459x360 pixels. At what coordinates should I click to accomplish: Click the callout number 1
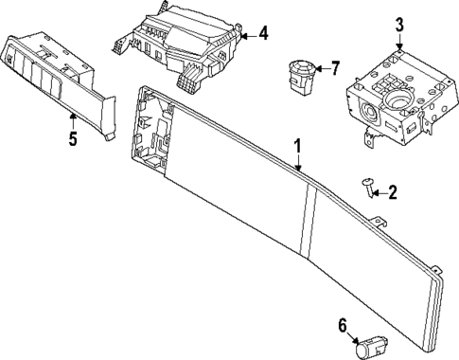297,147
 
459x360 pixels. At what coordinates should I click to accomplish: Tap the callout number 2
393,193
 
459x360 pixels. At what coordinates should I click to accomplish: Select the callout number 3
399,25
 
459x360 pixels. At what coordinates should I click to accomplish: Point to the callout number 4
262,34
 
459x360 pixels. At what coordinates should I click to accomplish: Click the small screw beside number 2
366,188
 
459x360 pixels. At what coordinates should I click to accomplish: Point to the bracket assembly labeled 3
388,99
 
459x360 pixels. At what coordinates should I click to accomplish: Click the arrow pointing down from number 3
399,44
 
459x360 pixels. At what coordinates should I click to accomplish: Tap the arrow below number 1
298,165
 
